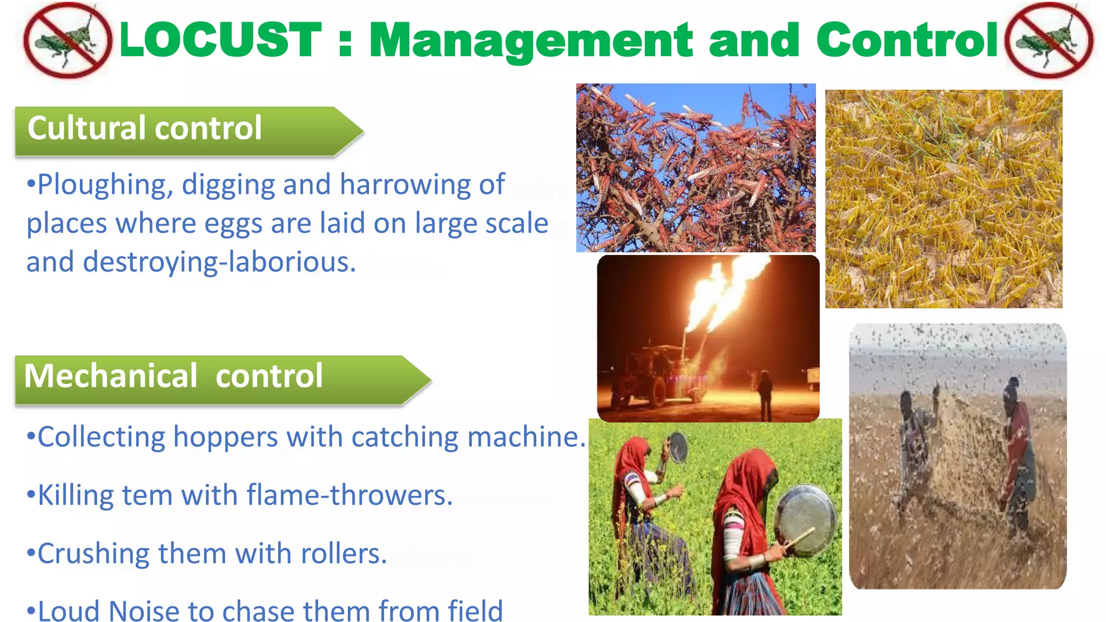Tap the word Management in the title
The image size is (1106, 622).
pyautogui.click(x=531, y=40)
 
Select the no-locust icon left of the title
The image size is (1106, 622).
pyautogui.click(x=68, y=40)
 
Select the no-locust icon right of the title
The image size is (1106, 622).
pyautogui.click(x=1048, y=40)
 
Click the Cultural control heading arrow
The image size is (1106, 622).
pyautogui.click(x=189, y=131)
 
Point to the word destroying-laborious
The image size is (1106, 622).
pyautogui.click(x=219, y=262)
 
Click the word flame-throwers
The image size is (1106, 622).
pyautogui.click(x=349, y=495)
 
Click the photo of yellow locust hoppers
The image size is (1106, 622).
pyautogui.click(x=943, y=199)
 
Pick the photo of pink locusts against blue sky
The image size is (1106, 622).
pyautogui.click(x=696, y=167)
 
